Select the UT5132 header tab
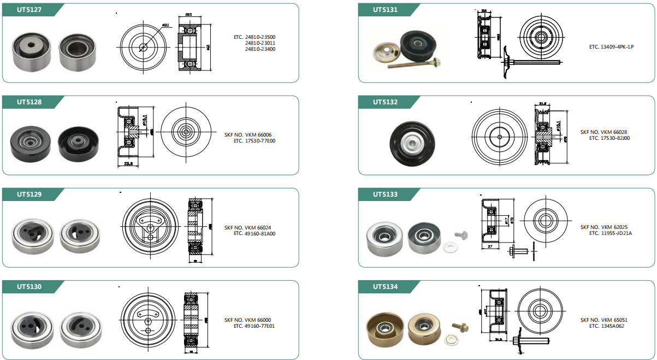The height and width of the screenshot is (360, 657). pyautogui.click(x=385, y=102)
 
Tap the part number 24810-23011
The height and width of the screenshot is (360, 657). pyautogui.click(x=260, y=43)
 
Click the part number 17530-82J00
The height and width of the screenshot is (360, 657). pyautogui.click(x=614, y=138)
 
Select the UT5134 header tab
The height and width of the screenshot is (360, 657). pyautogui.click(x=385, y=286)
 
